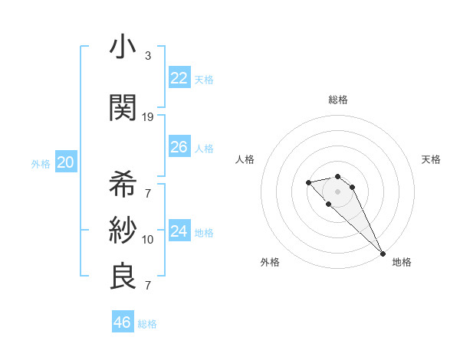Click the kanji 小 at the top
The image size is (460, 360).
tap(123, 47)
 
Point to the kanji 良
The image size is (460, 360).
tap(123, 277)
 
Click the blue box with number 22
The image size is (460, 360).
tap(179, 78)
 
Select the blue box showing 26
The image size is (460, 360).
tap(179, 147)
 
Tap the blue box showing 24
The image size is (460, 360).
tap(179, 231)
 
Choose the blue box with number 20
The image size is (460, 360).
tap(65, 162)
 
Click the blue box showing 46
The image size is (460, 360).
tap(123, 322)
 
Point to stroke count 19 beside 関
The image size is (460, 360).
tap(148, 116)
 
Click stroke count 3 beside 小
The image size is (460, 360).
tap(148, 56)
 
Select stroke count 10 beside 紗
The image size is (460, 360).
tap(148, 239)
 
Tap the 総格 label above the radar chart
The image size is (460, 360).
tap(338, 100)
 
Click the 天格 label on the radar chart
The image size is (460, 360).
tap(431, 159)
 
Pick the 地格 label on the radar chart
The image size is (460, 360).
tap(402, 262)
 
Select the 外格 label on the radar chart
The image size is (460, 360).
tap(270, 262)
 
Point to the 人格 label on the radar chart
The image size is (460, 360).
tap(245, 159)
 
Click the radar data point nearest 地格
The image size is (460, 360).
tap(382, 253)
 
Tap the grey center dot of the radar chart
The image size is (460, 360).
tap(338, 191)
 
